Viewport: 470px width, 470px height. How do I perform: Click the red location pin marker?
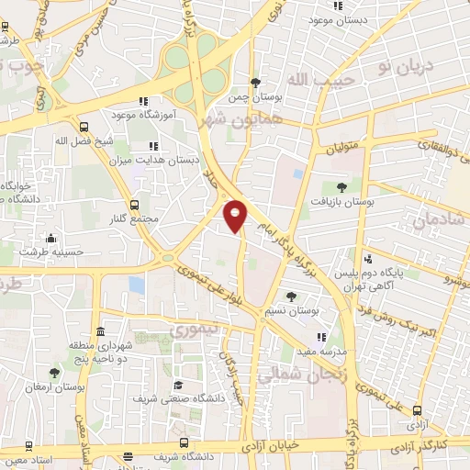[x=235, y=216]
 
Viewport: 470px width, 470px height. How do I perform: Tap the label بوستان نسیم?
[x=292, y=311]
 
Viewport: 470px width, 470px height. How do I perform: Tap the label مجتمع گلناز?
[x=135, y=218]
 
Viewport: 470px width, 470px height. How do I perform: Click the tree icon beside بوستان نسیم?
[x=292, y=297]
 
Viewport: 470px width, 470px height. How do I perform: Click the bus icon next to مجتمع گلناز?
[x=135, y=205]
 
